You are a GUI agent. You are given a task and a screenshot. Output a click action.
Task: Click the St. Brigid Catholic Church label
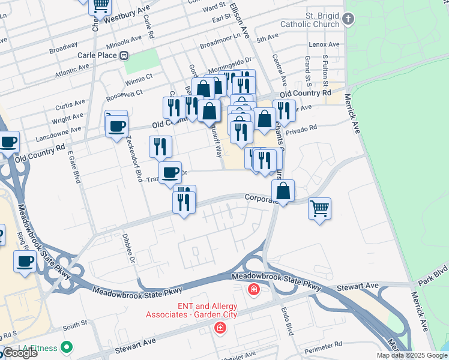pyautogui.click(x=306, y=19)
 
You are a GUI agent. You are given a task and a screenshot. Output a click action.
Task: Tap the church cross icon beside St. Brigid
pyautogui.click(x=348, y=19)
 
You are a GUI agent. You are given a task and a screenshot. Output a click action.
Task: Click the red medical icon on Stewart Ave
pyautogui.click(x=220, y=328)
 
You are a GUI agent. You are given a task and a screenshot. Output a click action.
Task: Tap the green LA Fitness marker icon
pyautogui.click(x=67, y=347)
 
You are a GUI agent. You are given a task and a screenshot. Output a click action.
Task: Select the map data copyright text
pyautogui.click(x=412, y=355)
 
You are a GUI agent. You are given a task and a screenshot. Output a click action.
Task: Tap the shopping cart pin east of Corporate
pyautogui.click(x=319, y=209)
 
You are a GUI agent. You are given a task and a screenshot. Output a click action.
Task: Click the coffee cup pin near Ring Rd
pyautogui.click(x=25, y=262)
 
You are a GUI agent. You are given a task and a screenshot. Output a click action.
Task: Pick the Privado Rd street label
pyautogui.click(x=301, y=130)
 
